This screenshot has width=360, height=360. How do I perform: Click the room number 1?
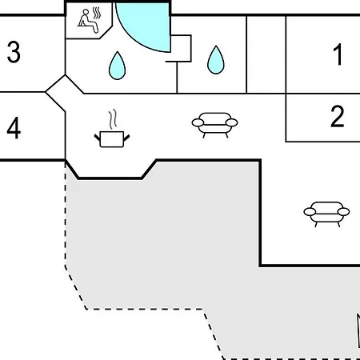pos(338,54)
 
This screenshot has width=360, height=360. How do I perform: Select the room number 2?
pos(338,116)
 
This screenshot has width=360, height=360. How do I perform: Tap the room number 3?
pos(14,52)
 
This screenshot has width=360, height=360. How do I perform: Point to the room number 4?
pos(14,128)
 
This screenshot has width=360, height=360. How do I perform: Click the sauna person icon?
pos(88,22)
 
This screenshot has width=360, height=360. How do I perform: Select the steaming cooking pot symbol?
pos(112,128)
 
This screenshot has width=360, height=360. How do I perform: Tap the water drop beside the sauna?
pos(117,66)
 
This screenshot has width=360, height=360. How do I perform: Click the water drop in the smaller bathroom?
pos(216,60)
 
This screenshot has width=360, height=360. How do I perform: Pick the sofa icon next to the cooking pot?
pos(214,125)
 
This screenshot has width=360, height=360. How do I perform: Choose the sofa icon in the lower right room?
pos(326,214)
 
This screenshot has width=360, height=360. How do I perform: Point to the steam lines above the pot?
pos(113,119)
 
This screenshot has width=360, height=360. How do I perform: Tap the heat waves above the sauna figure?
pos(97,13)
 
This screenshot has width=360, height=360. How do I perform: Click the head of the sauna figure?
pos(86,12)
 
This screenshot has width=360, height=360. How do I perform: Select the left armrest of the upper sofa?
pos(198,122)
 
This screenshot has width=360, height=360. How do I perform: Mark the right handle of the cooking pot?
pos(126,138)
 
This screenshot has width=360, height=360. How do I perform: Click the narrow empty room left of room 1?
pos(266,54)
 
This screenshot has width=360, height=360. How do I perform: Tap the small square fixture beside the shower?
pos(181,48)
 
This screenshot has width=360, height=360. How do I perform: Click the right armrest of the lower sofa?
pos(343,212)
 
